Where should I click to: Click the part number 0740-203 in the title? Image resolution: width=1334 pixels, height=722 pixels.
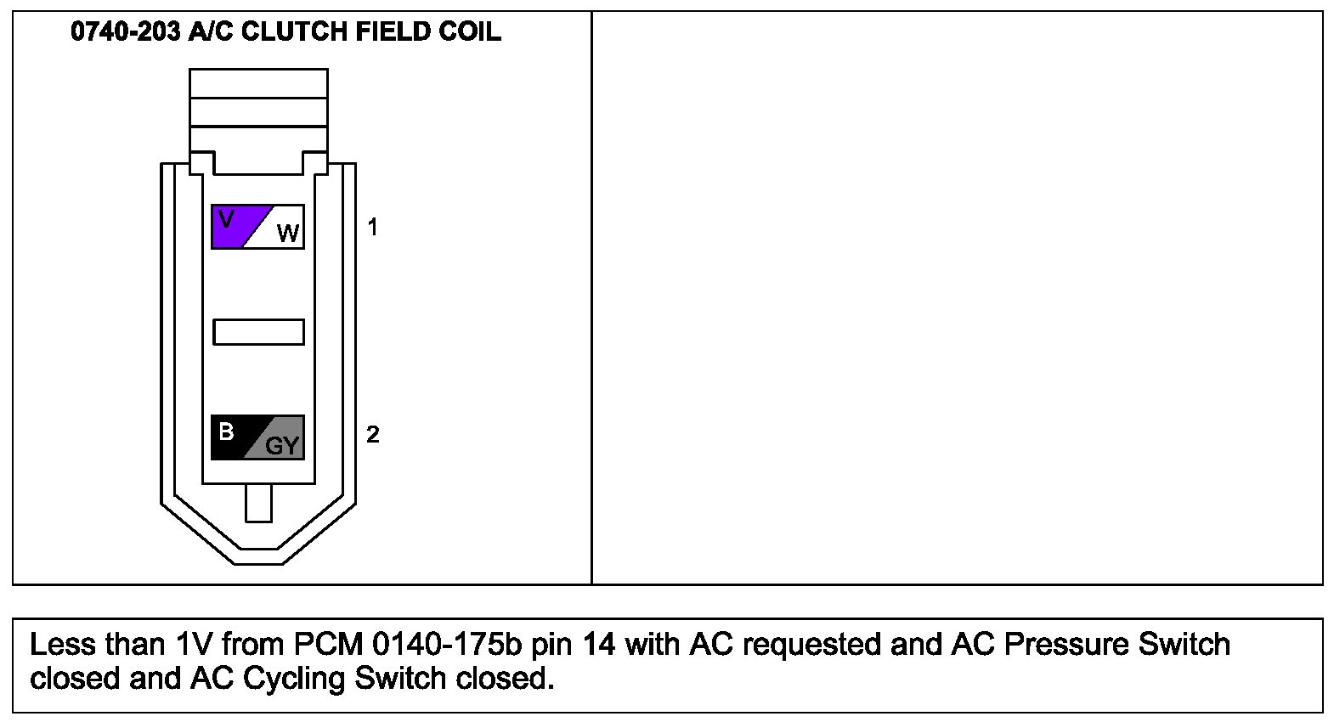click(x=125, y=31)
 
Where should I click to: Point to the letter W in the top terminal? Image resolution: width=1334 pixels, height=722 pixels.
click(x=288, y=234)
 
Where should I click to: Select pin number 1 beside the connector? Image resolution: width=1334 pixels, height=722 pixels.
click(x=371, y=227)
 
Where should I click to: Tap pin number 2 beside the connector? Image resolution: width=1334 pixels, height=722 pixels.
click(x=372, y=435)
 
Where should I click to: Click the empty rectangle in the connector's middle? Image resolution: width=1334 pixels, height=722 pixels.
click(x=258, y=332)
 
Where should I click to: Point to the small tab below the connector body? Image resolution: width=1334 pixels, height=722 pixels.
click(x=258, y=503)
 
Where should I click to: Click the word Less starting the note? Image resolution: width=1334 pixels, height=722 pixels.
click(x=61, y=645)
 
